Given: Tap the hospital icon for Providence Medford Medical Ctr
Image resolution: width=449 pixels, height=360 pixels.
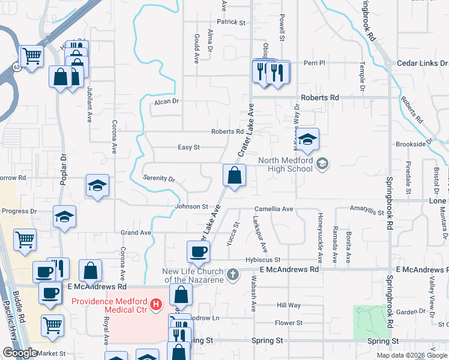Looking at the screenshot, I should [x=157, y=305].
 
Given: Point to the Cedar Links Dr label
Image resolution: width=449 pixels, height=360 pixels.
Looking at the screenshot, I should [x=423, y=63].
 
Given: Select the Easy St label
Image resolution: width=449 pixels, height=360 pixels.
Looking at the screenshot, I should [x=188, y=147].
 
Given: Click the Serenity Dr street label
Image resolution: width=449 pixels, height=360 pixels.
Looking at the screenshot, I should [x=158, y=179].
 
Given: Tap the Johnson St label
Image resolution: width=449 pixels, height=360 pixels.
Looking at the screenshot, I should [x=191, y=206].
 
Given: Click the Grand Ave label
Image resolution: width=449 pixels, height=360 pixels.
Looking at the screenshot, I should [x=135, y=232].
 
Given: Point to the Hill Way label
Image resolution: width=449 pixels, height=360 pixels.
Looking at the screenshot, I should [x=289, y=305].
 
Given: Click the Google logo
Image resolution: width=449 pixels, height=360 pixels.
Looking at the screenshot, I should [x=19, y=353].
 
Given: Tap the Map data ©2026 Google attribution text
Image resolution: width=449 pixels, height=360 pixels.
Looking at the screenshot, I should [x=412, y=355].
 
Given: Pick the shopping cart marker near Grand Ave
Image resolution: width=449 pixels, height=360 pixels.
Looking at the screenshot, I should [x=25, y=240].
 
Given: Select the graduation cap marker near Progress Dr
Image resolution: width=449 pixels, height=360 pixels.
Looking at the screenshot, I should [x=64, y=217].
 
